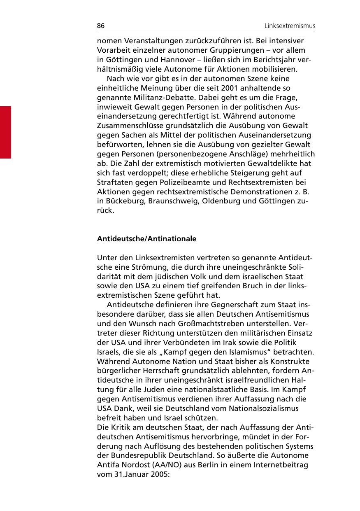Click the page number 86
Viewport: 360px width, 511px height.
point(101,26)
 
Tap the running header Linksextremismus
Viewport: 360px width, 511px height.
point(290,26)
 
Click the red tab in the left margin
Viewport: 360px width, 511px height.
point(5,132)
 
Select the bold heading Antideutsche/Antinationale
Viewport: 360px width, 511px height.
point(146,239)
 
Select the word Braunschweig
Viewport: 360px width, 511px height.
point(173,201)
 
